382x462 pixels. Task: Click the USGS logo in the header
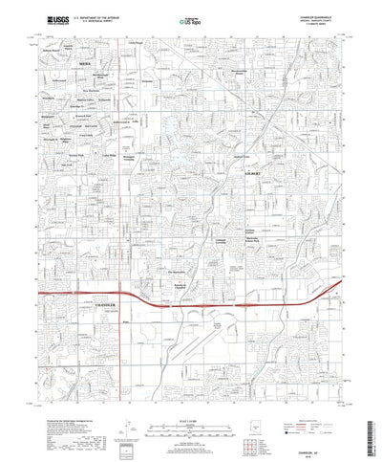(x=52, y=18)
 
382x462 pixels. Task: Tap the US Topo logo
(x=189, y=18)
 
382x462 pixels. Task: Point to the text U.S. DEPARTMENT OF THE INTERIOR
(x=106, y=15)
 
